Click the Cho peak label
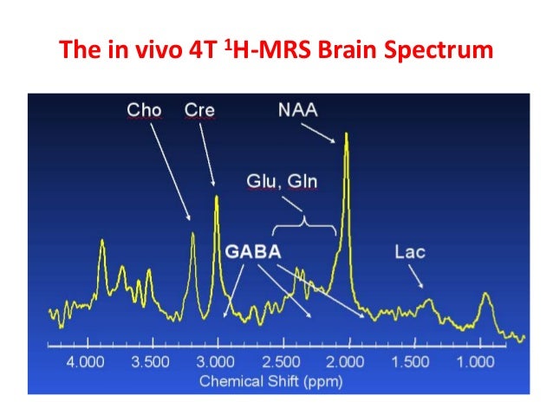coord(144,110)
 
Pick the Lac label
coord(409,251)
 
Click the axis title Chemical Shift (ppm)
coord(271,380)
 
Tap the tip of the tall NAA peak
coord(347,133)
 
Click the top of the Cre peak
coord(217,198)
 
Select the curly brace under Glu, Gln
coord(304,224)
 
